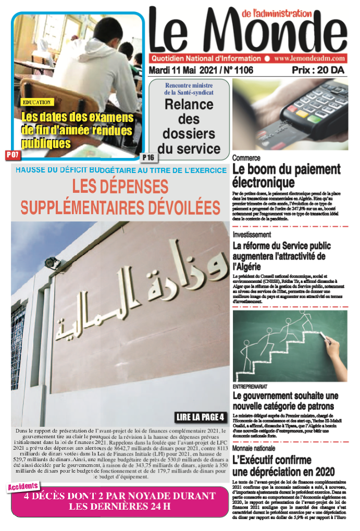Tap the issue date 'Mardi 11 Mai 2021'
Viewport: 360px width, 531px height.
pyautogui.click(x=183, y=70)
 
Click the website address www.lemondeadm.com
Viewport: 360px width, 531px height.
pyautogui.click(x=309, y=59)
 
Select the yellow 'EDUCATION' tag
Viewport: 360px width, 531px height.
pyautogui.click(x=37, y=103)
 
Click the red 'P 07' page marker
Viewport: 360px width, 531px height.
pyautogui.click(x=13, y=155)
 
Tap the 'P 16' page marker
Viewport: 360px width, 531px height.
pyautogui.click(x=148, y=157)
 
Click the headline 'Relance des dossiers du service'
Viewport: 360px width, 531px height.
pyautogui.click(x=189, y=126)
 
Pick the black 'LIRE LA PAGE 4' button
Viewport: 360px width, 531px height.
pyautogui.click(x=201, y=417)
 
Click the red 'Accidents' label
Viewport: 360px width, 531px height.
pyautogui.click(x=23, y=486)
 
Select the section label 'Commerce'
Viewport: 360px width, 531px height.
pyautogui.click(x=246, y=158)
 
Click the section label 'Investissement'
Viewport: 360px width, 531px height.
pyautogui.click(x=252, y=234)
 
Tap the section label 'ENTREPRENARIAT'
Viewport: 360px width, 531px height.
pyautogui.click(x=250, y=387)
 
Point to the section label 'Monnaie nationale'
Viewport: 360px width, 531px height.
pyautogui.click(x=254, y=448)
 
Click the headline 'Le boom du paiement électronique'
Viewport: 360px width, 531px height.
pyautogui.click(x=286, y=176)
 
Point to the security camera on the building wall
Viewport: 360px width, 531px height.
pyautogui.click(x=53, y=263)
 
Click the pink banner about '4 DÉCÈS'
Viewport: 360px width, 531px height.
pyautogui.click(x=120, y=500)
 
